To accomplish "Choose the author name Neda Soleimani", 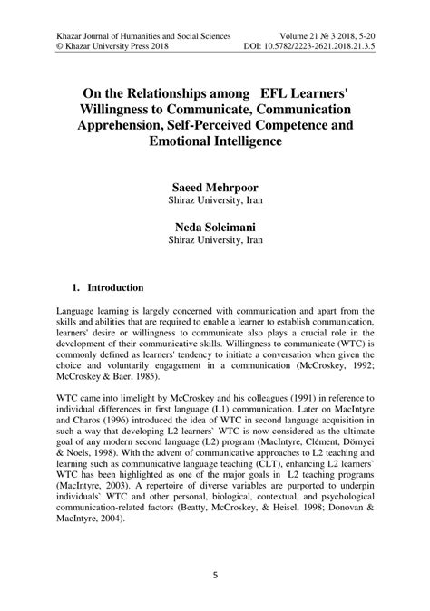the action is (x=215, y=226).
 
